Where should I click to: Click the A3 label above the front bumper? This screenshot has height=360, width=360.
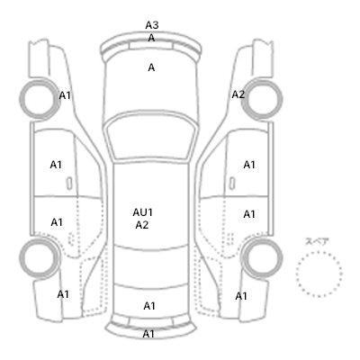pos(152,25)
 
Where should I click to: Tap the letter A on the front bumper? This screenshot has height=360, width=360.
pos(151,38)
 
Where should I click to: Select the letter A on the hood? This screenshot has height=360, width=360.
pos(151,67)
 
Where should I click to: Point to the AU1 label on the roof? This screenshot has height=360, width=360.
pos(143,212)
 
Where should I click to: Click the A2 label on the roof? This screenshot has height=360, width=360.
pos(142,225)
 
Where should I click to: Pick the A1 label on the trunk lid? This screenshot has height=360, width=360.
pos(149,306)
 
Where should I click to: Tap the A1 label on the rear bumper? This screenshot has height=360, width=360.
pos(148,334)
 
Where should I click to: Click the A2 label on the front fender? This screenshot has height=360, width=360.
pos(238,94)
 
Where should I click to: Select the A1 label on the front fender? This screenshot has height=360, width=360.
pos(65,95)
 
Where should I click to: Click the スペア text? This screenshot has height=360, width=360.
pos(317,241)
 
